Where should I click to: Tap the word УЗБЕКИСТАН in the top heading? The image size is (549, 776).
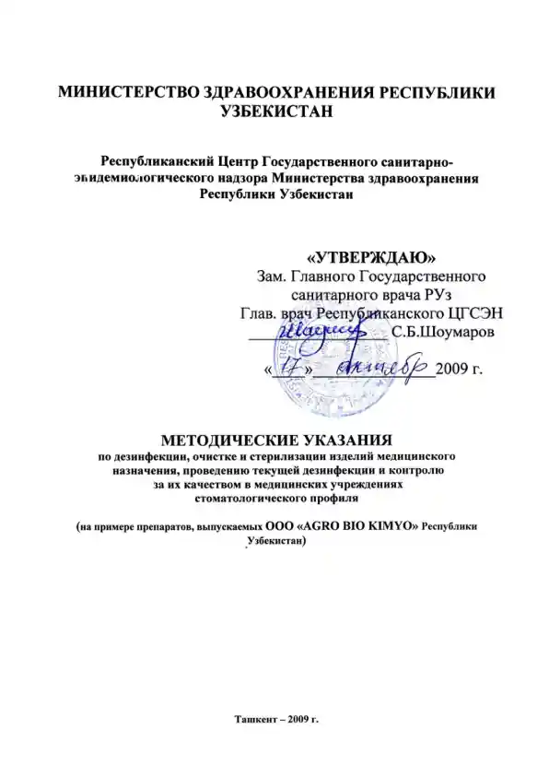(x=276, y=112)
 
